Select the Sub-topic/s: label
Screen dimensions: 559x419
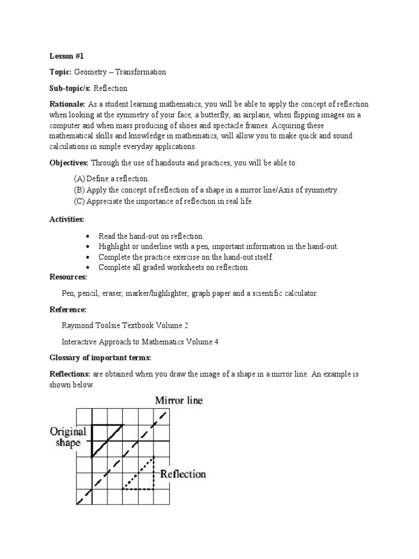[70, 88]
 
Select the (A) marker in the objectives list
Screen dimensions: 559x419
[80, 179]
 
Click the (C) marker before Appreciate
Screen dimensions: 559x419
[80, 201]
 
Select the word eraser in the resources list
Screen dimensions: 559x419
[111, 294]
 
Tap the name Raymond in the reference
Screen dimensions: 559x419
[79, 326]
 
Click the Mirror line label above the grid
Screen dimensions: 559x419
[179, 401]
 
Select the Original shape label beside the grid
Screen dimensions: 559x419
[68, 437]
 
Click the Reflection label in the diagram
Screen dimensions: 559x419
[183, 474]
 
